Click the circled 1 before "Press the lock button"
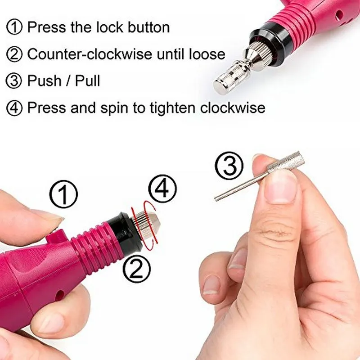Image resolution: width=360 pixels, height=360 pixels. click(14, 27)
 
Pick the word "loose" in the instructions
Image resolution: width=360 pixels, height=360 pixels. click(206, 54)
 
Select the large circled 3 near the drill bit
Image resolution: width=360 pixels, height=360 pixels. click(230, 166)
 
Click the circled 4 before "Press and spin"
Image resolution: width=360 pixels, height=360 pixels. click(14, 108)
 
